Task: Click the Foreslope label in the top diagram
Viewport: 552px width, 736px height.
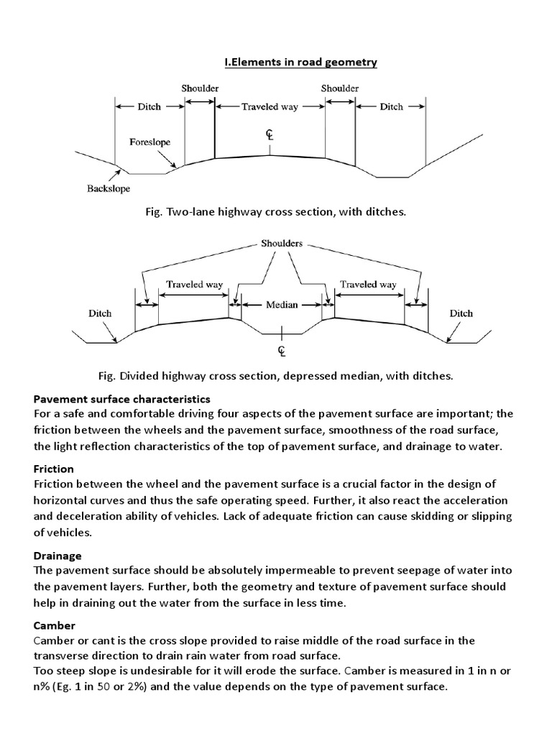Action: click(x=149, y=142)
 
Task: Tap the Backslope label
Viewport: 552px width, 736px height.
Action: click(x=98, y=190)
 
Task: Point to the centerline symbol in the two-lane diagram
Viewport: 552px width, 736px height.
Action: click(x=270, y=135)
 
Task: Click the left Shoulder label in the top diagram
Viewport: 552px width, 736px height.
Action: click(x=200, y=88)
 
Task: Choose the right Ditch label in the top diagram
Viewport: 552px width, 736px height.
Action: click(x=391, y=106)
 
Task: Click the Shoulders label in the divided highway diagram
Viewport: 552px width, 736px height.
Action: click(x=282, y=243)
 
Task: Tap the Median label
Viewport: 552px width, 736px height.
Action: click(x=282, y=305)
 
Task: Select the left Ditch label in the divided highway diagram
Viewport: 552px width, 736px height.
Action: click(x=100, y=313)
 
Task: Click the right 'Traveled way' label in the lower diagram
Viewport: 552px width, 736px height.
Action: click(x=369, y=285)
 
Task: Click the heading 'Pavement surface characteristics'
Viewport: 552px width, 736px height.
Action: click(x=122, y=398)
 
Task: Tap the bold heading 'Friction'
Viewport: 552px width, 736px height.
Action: click(x=53, y=469)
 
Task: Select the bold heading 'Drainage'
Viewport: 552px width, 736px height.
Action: click(x=57, y=556)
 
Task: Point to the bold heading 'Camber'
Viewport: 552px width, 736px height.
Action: click(x=55, y=626)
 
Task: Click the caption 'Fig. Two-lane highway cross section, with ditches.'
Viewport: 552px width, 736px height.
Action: click(x=275, y=213)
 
